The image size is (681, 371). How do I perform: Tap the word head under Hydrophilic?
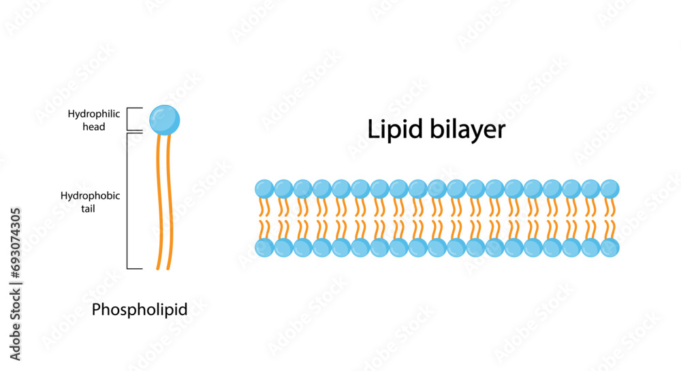point(94,127)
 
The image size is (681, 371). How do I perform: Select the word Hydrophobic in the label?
point(91,195)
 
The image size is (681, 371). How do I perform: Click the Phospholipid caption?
point(140,310)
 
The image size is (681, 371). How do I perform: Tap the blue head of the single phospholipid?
point(164,119)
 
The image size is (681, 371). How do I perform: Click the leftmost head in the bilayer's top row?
point(264,189)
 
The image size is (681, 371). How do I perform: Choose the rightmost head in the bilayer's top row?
point(610,189)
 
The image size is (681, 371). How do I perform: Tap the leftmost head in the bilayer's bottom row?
point(264,248)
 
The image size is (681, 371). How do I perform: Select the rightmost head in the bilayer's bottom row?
point(610,248)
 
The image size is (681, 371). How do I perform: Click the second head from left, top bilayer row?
point(283,189)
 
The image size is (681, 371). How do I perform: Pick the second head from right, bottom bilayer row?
point(591,248)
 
